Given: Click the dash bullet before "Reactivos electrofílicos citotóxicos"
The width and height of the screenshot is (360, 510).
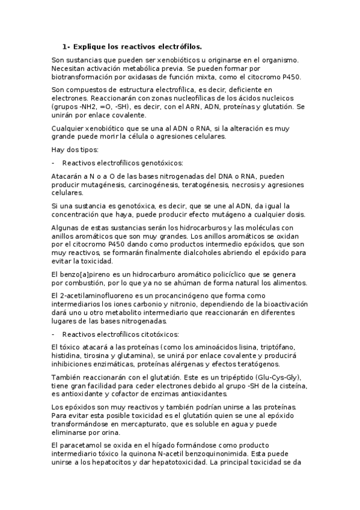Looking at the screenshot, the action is point(54,334).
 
